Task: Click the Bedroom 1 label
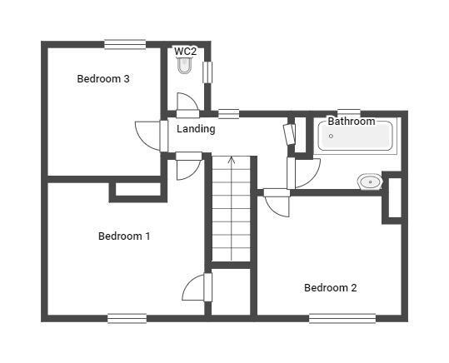click(x=124, y=236)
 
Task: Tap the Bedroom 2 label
click(x=331, y=288)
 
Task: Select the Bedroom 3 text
click(x=103, y=79)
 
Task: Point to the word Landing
click(x=196, y=129)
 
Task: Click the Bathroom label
click(x=352, y=122)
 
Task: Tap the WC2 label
click(x=186, y=52)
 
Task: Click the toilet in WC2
click(x=184, y=65)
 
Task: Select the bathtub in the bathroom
click(x=355, y=136)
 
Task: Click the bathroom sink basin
click(x=370, y=181)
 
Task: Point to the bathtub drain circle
click(x=331, y=136)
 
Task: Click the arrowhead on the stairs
click(x=232, y=161)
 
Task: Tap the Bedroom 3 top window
click(x=125, y=44)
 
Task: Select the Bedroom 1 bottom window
click(x=127, y=318)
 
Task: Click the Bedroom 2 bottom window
click(x=342, y=318)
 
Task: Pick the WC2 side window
click(x=207, y=72)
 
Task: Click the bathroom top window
click(x=349, y=112)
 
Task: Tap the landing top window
click(x=229, y=114)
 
